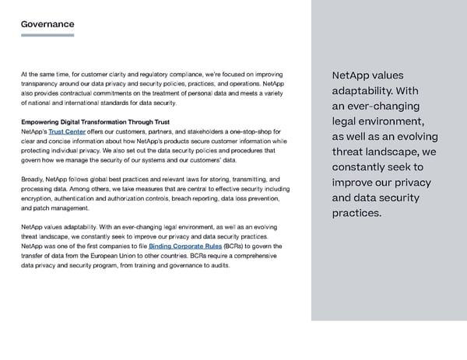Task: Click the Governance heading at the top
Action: [47, 24]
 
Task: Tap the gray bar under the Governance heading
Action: [47, 35]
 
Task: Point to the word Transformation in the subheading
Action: [113, 122]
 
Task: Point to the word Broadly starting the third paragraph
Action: [34, 180]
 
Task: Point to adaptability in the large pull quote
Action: [360, 91]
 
